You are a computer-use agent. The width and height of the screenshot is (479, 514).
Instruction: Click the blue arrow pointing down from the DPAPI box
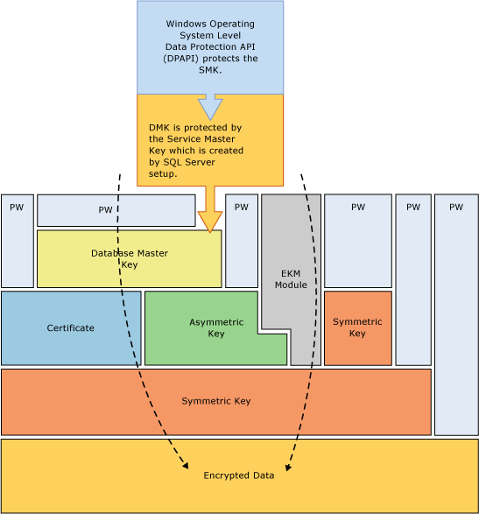[x=210, y=107]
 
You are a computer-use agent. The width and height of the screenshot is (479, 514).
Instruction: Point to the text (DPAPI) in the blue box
[x=187, y=59]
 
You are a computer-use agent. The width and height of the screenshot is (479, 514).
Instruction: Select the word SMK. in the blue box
[x=210, y=70]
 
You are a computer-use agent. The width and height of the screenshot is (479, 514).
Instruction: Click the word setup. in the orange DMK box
[x=163, y=173]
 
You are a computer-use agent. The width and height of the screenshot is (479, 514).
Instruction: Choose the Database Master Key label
[x=129, y=258]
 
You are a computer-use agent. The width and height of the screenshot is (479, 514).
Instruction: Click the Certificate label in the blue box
[x=70, y=327]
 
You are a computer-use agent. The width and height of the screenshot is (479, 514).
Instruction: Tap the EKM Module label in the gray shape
[x=291, y=279]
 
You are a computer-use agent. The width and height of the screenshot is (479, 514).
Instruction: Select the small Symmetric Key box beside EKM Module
[x=357, y=327]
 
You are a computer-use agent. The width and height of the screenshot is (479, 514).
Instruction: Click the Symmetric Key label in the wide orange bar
[x=215, y=401]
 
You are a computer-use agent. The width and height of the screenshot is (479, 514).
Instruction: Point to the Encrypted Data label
[x=239, y=475]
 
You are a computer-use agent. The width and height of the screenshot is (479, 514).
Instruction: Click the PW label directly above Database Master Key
[x=105, y=210]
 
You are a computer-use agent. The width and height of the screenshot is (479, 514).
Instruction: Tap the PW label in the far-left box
[x=17, y=208]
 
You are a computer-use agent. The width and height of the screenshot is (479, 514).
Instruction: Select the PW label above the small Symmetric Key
[x=357, y=208]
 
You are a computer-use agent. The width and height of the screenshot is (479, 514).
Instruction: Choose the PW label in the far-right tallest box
[x=455, y=208]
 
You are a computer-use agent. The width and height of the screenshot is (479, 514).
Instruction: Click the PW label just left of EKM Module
[x=242, y=208]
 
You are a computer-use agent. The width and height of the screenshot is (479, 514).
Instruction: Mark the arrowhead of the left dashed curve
[x=184, y=465]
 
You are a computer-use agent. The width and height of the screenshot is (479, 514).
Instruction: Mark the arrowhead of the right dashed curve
[x=288, y=466]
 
